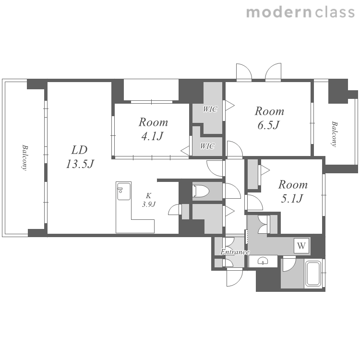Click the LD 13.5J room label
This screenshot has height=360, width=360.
(80, 157)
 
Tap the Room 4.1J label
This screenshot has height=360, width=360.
(153, 129)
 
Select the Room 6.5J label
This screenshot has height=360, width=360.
(269, 118)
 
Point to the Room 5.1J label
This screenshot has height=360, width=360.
(293, 192)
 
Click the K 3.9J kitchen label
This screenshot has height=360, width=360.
(149, 200)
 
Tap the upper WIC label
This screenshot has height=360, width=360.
(210, 109)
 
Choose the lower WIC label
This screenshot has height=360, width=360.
(207, 146)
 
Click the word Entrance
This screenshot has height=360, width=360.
(235, 252)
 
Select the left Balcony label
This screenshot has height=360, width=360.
(24, 157)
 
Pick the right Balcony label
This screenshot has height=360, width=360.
(334, 134)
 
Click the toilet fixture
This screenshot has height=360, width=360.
(201, 191)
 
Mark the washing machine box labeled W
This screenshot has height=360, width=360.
(301, 246)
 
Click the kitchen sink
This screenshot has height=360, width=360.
(124, 191)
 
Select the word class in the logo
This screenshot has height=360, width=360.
(335, 12)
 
